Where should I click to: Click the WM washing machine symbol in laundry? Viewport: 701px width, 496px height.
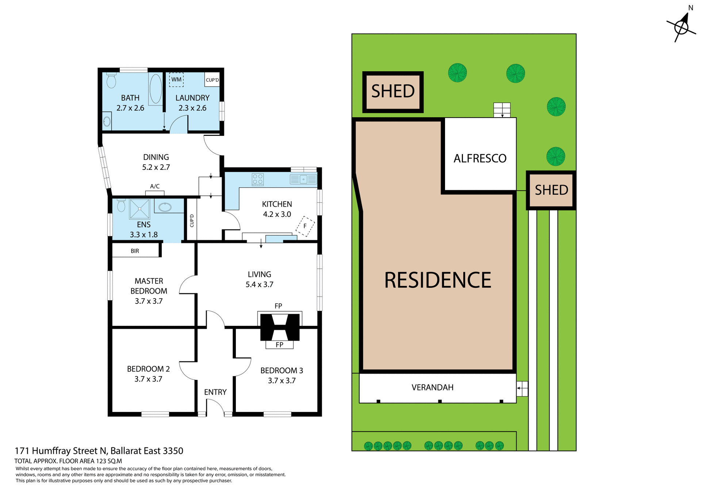[176, 79]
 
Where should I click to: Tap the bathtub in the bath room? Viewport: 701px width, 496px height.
[156, 89]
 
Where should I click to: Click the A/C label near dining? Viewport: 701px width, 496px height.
[155, 186]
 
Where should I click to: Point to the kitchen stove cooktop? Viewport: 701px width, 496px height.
[257, 179]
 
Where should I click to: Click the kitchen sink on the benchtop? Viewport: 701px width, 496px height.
[303, 179]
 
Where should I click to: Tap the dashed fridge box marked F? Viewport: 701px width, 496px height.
[305, 226]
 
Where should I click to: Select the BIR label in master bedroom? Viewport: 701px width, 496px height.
[135, 251]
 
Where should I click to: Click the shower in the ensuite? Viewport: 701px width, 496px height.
[139, 209]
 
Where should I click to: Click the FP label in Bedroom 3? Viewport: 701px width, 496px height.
[279, 345]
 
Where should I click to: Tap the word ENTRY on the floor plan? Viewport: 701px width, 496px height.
[215, 392]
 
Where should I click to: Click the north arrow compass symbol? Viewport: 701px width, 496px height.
[681, 27]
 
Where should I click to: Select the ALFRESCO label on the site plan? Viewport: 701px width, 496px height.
[480, 159]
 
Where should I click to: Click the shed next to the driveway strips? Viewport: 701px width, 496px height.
[551, 190]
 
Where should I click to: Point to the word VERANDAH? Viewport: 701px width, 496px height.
[432, 388]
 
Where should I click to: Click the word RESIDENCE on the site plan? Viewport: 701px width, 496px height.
[437, 280]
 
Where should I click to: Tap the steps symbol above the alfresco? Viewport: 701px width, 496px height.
[502, 110]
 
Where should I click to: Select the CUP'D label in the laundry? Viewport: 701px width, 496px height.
[212, 80]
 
